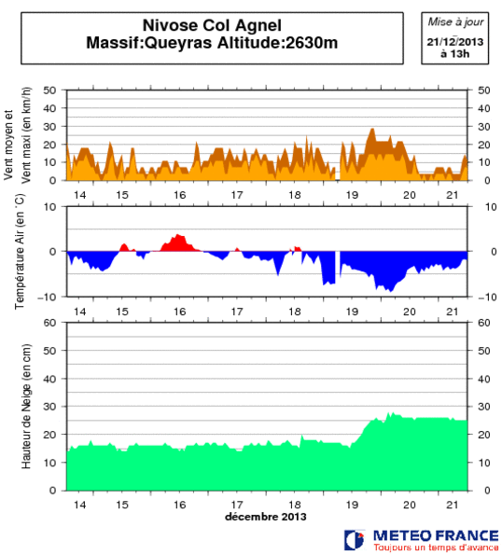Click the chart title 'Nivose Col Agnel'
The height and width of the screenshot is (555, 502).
click(202, 26)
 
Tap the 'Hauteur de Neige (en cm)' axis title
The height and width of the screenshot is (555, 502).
click(26, 407)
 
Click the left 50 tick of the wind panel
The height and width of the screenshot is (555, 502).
click(52, 90)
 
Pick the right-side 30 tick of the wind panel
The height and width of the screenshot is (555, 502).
click(483, 127)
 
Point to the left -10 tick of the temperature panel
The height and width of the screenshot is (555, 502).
click(50, 297)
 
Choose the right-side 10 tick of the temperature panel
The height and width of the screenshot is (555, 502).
click(483, 207)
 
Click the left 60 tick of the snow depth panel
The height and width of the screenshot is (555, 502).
click(52, 323)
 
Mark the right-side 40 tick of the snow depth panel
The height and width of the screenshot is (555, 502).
click(483, 379)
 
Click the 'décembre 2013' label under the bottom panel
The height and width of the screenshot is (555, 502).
click(265, 516)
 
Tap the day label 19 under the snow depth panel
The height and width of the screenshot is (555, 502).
click(353, 504)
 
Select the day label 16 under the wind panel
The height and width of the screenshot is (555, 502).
click(179, 194)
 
